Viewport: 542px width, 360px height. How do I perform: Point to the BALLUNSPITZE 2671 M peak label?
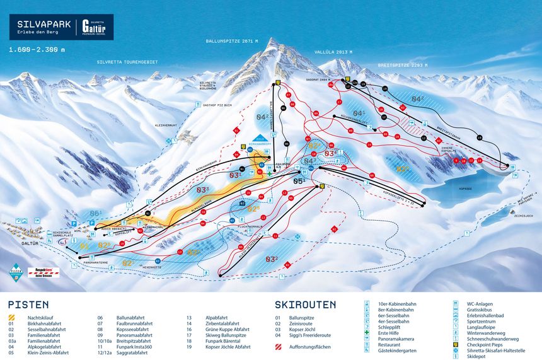click(233, 41)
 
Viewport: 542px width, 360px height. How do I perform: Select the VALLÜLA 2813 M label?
click(333, 53)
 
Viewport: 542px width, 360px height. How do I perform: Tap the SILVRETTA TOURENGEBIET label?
click(127, 62)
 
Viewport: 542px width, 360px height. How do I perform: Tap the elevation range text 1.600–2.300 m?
click(37, 49)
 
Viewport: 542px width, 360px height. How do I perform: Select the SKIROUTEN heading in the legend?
click(305, 305)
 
